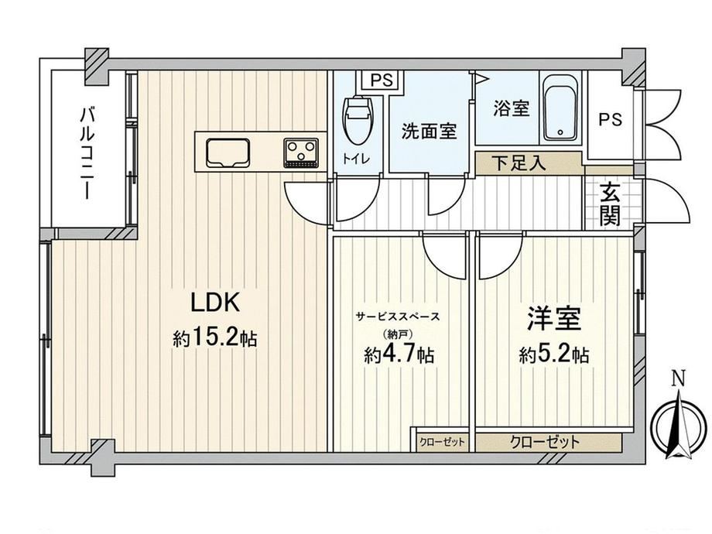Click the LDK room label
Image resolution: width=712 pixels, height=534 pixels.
click(215, 302)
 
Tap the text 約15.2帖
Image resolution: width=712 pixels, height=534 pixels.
click(215, 337)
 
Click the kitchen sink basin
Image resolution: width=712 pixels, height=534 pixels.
click(228, 152)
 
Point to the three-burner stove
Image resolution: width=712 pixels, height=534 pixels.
click(300, 152)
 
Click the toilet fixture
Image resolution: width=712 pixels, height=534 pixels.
click(359, 119)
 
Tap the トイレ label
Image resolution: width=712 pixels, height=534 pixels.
click(357, 159)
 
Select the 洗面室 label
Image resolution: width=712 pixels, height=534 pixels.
click(429, 132)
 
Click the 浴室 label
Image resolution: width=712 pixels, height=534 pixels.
click(512, 108)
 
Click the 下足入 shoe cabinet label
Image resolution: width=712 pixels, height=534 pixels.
click(519, 163)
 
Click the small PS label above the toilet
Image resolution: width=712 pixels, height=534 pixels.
click(382, 80)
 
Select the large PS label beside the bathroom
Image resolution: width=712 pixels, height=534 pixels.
click(610, 119)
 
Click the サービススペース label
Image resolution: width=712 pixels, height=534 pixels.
click(398, 316)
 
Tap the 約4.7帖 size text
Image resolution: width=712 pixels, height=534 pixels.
click(399, 354)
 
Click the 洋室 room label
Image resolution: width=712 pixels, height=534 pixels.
click(554, 318)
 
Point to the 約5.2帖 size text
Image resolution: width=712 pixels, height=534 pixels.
click(554, 354)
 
